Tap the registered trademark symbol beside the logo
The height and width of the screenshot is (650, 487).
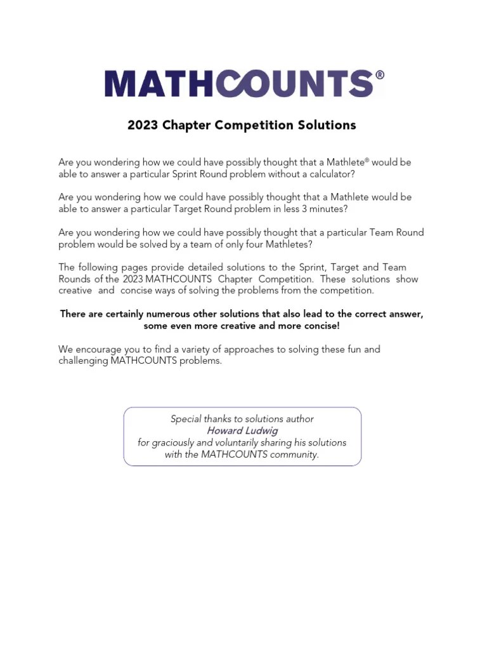(380, 75)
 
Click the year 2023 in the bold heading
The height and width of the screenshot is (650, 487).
(143, 125)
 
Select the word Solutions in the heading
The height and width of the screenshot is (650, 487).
(327, 125)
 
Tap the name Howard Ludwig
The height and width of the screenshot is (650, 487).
(242, 430)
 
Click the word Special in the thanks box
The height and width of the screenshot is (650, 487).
(186, 419)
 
